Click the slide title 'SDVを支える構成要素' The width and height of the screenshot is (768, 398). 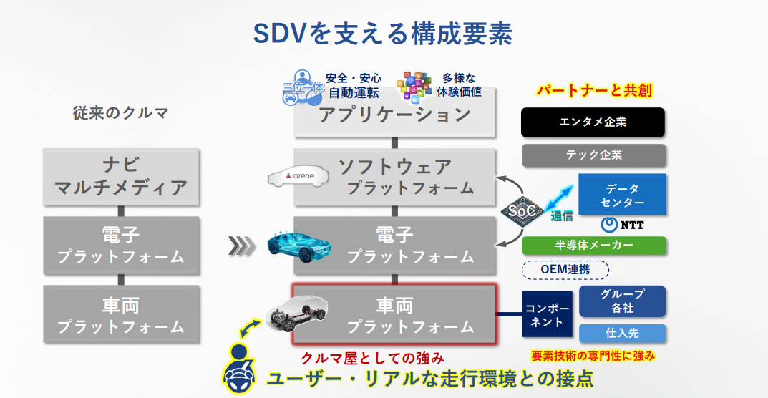point(382,34)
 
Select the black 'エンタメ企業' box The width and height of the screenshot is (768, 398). point(593,122)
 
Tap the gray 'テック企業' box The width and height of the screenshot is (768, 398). point(593,155)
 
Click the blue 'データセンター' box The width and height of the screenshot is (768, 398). point(622,194)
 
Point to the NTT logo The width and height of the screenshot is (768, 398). point(622,225)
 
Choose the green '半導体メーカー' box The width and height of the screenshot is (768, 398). point(594,245)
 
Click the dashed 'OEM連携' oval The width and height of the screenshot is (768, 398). point(565,270)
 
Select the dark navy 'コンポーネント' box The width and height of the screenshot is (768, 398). point(547,314)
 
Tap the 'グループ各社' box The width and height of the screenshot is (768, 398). point(623,301)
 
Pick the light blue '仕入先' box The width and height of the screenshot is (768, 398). point(623,334)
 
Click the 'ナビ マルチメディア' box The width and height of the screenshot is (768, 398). point(121,177)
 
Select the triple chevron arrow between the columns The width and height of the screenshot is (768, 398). point(241,246)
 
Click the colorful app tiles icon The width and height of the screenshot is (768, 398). point(414,87)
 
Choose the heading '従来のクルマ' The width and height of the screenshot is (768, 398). point(120,113)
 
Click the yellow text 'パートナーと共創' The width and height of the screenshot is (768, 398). point(595,91)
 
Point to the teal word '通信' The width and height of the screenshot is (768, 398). point(561,215)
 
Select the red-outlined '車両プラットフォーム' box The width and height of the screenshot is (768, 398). point(394,314)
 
